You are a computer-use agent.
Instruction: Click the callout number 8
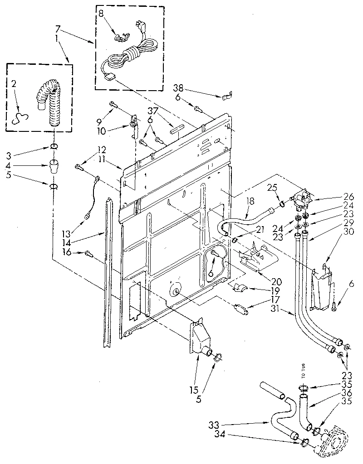101,13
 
